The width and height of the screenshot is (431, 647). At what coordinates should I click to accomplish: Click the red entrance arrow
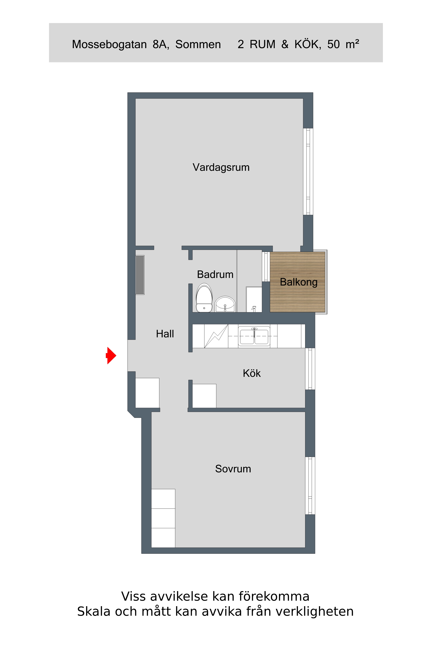point(111,355)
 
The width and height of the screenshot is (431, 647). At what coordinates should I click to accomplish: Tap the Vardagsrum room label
point(221,167)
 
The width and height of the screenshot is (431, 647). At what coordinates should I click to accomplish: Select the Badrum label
point(215,275)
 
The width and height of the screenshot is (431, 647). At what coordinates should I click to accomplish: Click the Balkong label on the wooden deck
point(299,282)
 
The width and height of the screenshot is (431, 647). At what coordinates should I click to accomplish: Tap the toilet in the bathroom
point(204,298)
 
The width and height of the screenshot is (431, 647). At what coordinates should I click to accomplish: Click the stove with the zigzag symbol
point(216,336)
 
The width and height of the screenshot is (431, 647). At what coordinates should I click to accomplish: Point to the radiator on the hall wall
point(140,275)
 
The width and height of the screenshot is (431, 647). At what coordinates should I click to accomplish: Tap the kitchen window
point(310,369)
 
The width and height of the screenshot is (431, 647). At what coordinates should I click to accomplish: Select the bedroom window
point(310,485)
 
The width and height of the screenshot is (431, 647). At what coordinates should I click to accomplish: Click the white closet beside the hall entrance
point(147,393)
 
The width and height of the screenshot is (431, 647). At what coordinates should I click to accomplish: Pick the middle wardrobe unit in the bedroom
point(163,518)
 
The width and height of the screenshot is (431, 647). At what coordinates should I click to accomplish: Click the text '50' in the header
point(333,44)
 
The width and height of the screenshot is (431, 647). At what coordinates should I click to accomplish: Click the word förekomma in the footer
point(274,596)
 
